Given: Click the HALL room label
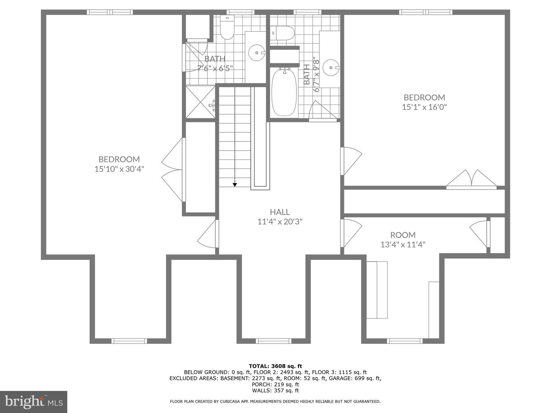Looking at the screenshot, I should pyautogui.click(x=280, y=212).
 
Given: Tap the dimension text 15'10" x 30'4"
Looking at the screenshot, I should pyautogui.click(x=119, y=169).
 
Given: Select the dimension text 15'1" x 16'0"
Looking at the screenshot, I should pyautogui.click(x=424, y=107).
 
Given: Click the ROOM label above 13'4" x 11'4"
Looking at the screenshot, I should pyautogui.click(x=403, y=235).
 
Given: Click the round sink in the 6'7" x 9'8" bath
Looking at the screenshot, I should pyautogui.click(x=330, y=68).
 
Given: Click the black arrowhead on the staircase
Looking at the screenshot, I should pyautogui.click(x=235, y=185).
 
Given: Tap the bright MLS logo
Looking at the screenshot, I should pyautogui.click(x=34, y=402).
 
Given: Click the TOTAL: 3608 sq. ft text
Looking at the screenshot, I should pyautogui.click(x=275, y=366).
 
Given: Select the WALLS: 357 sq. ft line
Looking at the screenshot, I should pyautogui.click(x=275, y=390).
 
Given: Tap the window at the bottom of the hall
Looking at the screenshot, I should pyautogui.click(x=274, y=341).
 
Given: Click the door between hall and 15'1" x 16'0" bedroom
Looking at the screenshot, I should pyautogui.click(x=350, y=161).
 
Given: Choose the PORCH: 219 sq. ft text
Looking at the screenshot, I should pyautogui.click(x=275, y=384).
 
